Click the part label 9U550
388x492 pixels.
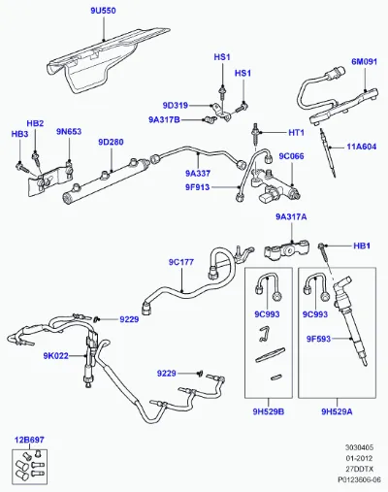pos(103,11)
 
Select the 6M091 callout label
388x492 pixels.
pos(365,61)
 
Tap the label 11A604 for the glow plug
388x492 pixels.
pos(362,147)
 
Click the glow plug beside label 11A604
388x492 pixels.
pos(328,152)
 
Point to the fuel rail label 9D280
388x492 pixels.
pos(111,142)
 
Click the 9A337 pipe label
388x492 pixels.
pos(198,174)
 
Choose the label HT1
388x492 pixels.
pos(296,133)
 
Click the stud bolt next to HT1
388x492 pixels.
pos(256,134)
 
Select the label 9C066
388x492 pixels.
pos(291,156)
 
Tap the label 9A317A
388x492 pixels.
pos(291,216)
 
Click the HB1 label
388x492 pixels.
pos(362,246)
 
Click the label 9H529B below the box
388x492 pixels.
pos(269,411)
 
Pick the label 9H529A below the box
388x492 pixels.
pos(337,411)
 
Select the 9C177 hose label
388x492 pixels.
pos(181,262)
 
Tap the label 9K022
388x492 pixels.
pos(56,356)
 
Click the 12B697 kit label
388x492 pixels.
pos(29,440)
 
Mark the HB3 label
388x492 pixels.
pos(19,134)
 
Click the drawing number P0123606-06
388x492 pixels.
pos(360,479)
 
